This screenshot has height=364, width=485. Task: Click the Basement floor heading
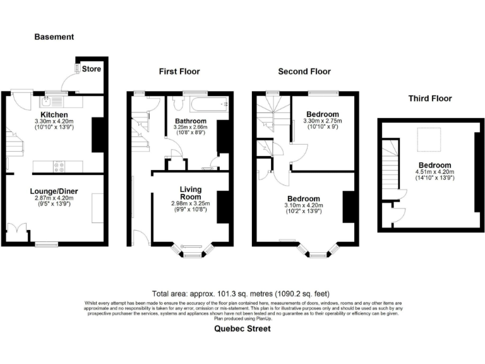(x=54, y=37)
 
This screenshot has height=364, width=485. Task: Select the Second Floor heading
(x=304, y=71)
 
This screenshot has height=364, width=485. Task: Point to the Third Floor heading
(x=430, y=99)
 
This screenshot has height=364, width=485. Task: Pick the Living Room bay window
(x=190, y=251)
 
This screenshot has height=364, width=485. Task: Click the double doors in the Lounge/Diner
(x=18, y=231)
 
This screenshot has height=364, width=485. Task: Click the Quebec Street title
(x=242, y=329)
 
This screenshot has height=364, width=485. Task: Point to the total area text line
(x=242, y=294)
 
